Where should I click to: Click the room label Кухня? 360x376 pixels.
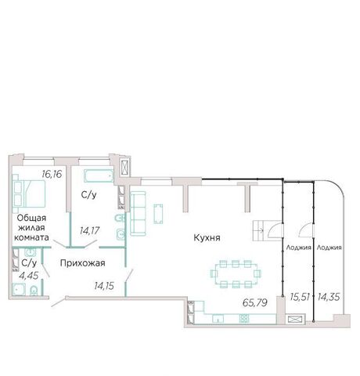(x=207, y=238)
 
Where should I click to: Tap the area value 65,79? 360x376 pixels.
(x=255, y=302)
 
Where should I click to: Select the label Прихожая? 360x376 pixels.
(x=83, y=263)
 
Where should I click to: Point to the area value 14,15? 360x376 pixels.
(x=104, y=286)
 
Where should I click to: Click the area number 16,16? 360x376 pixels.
(x=52, y=174)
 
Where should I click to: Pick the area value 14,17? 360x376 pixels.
(x=90, y=230)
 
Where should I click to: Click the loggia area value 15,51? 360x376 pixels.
(x=300, y=297)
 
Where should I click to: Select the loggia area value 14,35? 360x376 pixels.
(x=329, y=297)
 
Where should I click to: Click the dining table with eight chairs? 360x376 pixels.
(x=236, y=274)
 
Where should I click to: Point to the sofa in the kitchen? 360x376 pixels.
(x=138, y=213)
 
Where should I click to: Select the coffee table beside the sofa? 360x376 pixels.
(x=158, y=214)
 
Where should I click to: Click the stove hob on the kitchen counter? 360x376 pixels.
(x=244, y=318)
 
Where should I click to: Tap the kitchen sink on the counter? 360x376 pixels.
(x=218, y=319)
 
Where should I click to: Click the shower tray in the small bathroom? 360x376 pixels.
(x=19, y=290)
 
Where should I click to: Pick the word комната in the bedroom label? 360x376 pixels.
(x=31, y=237)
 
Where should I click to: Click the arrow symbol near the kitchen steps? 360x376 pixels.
(x=261, y=230)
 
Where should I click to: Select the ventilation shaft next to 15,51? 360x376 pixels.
(x=295, y=320)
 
